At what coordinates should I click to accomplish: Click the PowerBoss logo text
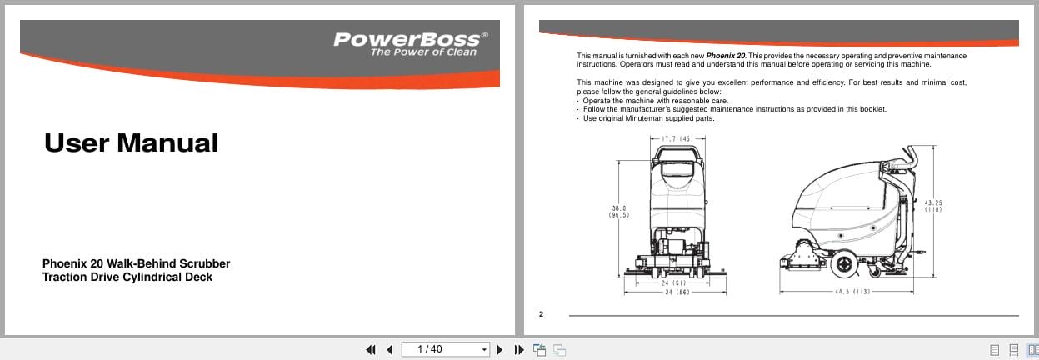click(407, 39)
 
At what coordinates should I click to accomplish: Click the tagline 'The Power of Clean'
click(424, 52)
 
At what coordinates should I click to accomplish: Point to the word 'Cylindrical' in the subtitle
click(152, 277)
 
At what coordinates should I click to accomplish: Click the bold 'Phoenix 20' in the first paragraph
click(726, 56)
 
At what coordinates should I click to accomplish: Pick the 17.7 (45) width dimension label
click(677, 138)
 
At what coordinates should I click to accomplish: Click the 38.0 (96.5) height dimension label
click(618, 212)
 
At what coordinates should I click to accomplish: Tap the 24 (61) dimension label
click(672, 283)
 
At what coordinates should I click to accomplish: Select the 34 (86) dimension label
click(676, 292)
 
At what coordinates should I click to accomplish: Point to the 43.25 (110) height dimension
click(933, 206)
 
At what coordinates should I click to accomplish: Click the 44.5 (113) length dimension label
click(852, 292)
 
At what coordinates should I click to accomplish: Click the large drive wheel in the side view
click(842, 264)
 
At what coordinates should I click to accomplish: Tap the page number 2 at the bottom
click(541, 314)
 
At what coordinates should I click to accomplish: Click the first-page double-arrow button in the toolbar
click(371, 350)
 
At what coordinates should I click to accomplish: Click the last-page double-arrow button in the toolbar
click(518, 350)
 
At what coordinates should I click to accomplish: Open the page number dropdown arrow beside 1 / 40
click(484, 350)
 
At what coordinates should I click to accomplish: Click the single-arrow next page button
click(500, 350)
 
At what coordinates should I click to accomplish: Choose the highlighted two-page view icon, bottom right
click(1032, 350)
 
